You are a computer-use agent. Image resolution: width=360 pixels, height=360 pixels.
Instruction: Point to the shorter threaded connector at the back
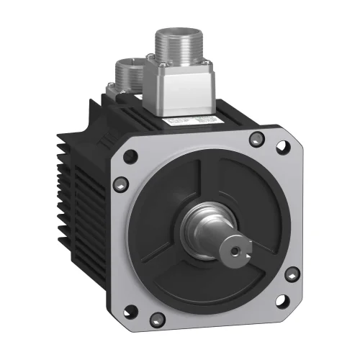(x=131, y=71)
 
